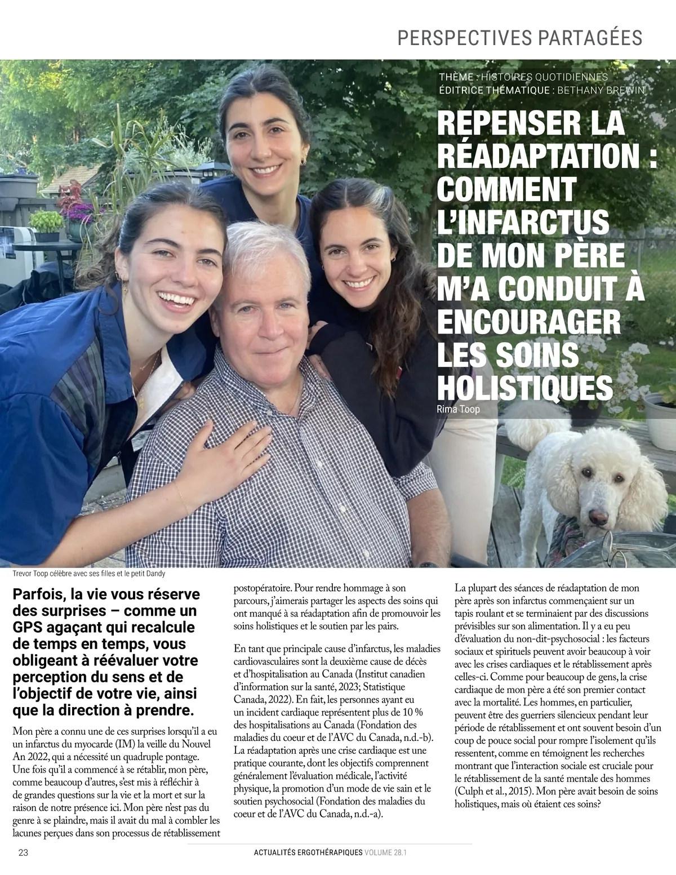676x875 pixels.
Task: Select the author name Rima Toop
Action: point(458,409)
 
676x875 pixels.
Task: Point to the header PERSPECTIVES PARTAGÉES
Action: point(520,37)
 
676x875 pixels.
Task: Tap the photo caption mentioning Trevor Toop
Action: point(88,574)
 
